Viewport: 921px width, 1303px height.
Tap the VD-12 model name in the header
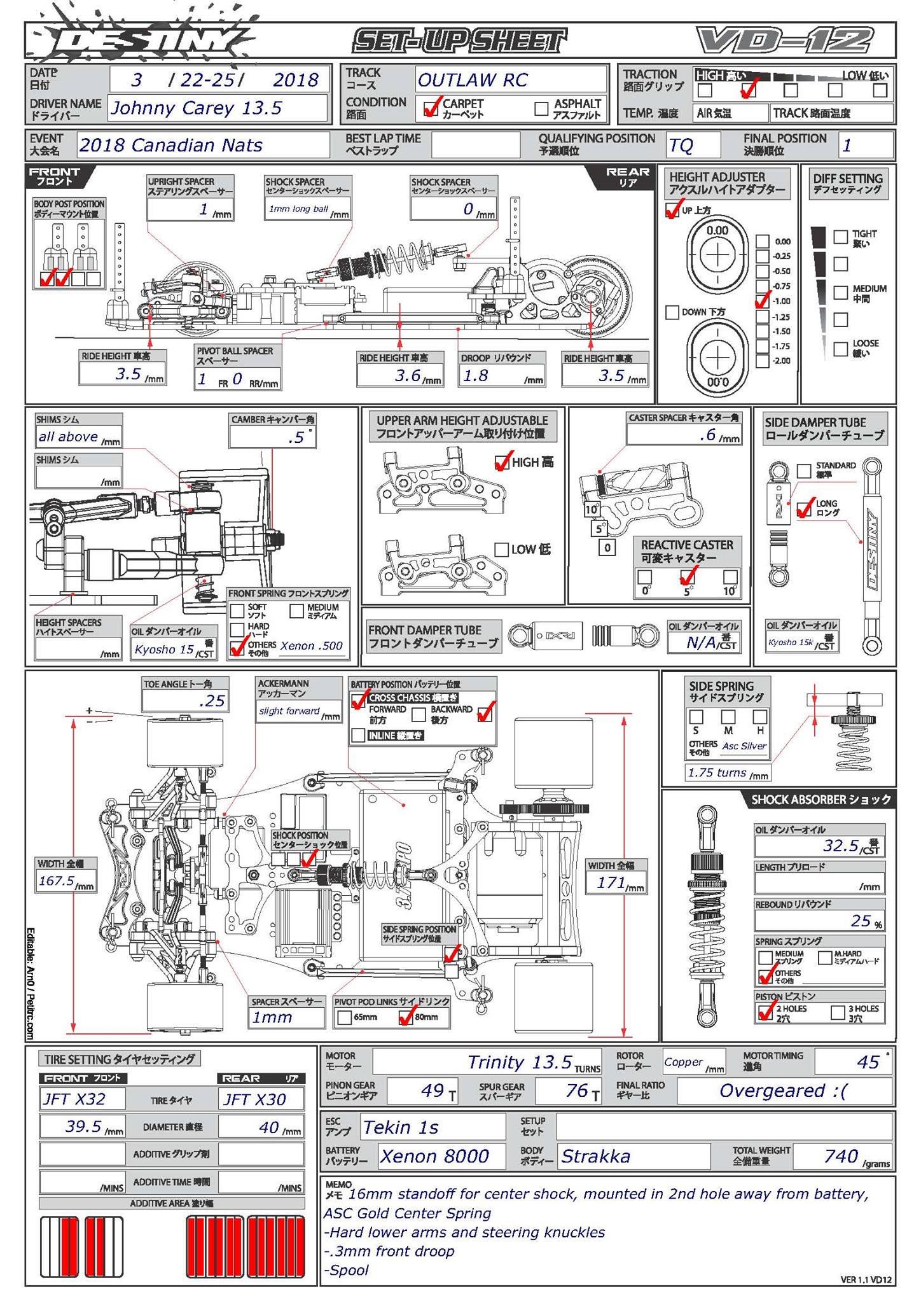pos(785,41)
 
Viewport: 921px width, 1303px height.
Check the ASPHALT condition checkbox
pos(541,109)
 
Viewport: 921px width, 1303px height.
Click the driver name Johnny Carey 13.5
pos(197,108)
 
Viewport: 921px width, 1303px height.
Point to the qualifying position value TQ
pos(681,146)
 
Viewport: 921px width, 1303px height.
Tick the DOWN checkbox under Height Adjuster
pos(672,312)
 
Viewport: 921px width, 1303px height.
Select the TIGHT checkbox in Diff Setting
pos(841,237)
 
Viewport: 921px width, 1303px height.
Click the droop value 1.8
pos(476,376)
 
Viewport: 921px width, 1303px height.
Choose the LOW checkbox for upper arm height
pos(501,550)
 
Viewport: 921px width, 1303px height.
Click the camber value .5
pos(296,438)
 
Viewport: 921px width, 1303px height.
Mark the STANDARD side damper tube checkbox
pos(804,471)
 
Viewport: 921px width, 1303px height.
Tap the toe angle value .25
pos(212,701)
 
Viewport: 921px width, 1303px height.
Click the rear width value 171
pos(611,882)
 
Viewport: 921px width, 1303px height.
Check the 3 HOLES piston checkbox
pos(838,1013)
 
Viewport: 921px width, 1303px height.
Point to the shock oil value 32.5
pos(841,846)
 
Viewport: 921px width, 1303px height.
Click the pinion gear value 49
pos(433,1091)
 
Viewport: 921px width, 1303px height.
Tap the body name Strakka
pos(595,1156)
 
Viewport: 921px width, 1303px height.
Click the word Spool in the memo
pos(350,1271)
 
